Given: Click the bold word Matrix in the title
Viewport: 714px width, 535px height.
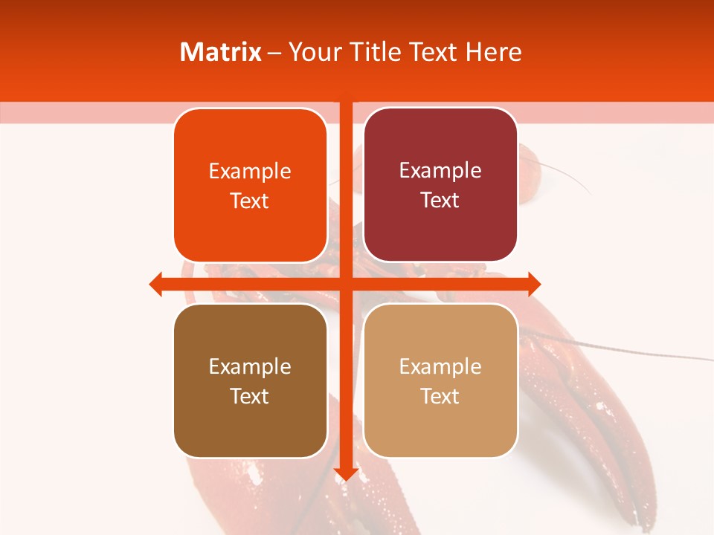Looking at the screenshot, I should [220, 52].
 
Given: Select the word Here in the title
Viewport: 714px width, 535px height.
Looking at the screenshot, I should [494, 52].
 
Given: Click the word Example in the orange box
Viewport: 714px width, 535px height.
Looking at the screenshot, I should [250, 172].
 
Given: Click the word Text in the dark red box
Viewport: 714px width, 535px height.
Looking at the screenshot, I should [440, 201].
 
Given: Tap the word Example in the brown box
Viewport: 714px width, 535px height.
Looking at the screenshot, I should [250, 366].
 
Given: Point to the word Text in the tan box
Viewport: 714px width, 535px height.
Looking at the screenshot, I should [440, 396].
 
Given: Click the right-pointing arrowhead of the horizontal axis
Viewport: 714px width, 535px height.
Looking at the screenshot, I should [533, 284].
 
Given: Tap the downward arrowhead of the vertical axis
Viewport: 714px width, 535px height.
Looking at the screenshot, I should [346, 474].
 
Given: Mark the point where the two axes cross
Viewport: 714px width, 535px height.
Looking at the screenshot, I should [346, 284].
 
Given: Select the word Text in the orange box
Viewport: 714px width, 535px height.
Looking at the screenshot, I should [250, 201].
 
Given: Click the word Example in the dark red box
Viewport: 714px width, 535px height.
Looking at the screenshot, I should [440, 171].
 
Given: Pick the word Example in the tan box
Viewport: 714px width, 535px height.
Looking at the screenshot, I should [440, 366].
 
